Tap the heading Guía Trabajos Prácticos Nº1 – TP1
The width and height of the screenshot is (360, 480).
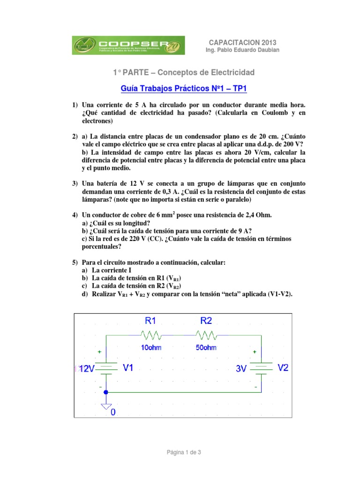184,89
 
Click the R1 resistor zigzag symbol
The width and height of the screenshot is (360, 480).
150,335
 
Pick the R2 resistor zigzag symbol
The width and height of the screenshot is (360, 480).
206,335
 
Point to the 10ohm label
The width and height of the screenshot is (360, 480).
150,347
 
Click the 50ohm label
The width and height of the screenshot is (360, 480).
206,347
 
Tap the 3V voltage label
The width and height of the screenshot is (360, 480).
241,369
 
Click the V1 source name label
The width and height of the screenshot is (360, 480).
128,368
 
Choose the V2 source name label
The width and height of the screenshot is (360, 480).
283,368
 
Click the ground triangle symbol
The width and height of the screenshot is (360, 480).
106,405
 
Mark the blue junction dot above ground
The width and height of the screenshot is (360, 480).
106,392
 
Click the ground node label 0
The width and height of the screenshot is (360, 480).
113,412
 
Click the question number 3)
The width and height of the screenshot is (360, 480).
75,183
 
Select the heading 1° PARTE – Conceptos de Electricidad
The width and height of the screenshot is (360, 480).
184,72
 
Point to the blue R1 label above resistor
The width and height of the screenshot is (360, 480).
150,321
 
